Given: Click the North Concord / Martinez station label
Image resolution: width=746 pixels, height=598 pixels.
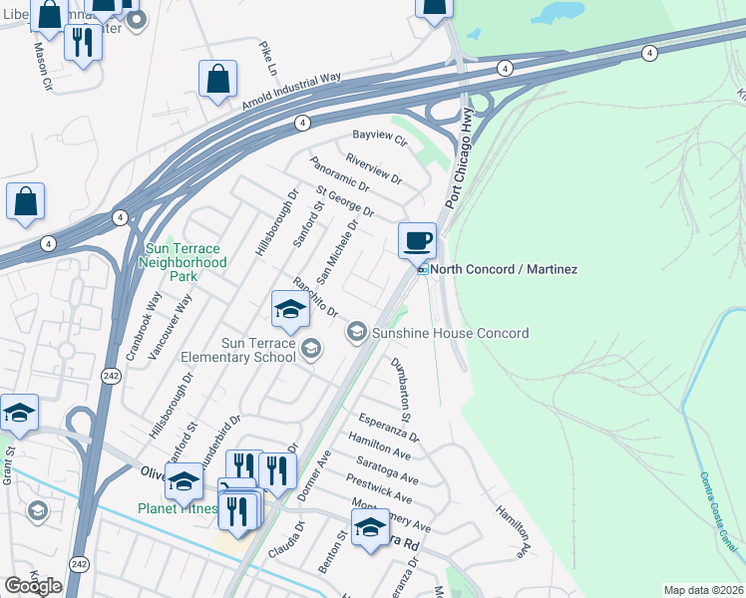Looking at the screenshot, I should [x=504, y=269].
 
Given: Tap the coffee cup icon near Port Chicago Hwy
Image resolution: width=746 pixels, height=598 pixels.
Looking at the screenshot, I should [x=417, y=240].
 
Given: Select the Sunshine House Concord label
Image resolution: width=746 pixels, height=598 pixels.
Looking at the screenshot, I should [x=450, y=333].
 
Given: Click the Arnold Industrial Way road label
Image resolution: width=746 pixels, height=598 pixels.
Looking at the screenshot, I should [x=291, y=90].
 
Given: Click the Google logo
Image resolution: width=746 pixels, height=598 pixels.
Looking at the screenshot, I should [x=33, y=586].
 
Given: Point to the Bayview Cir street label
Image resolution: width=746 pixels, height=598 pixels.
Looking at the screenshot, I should [x=381, y=138].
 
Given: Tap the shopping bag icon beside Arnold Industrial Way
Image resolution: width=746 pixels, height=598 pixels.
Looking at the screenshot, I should [x=217, y=79].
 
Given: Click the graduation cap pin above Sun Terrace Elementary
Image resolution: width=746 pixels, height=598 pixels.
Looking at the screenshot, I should [x=289, y=309].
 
